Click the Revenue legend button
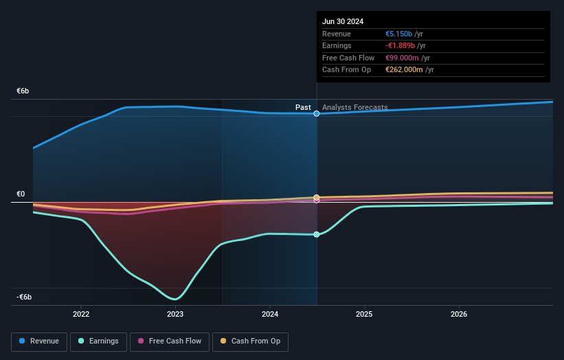(x=39, y=341)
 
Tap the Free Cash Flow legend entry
(x=169, y=341)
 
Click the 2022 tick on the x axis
(x=81, y=314)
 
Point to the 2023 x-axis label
(x=175, y=314)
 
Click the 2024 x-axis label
(x=270, y=314)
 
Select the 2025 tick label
(x=364, y=314)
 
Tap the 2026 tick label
(x=459, y=314)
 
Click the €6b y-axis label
(x=23, y=91)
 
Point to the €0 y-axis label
(x=21, y=194)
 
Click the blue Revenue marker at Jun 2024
(x=317, y=113)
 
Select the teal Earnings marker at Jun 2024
(x=317, y=234)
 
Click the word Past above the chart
(x=303, y=107)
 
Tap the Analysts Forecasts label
(x=354, y=107)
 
